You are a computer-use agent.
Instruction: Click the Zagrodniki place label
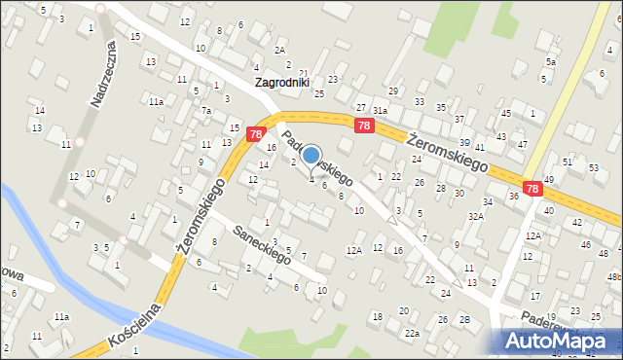tap(281, 83)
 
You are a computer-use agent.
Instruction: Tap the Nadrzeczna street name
tap(99, 78)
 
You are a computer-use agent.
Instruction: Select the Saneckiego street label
tap(263, 244)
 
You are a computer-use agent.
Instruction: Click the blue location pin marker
tap(311, 156)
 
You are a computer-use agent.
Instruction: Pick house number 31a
tap(381, 111)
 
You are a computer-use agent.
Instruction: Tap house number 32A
tap(475, 216)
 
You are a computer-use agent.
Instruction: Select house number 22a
tap(413, 334)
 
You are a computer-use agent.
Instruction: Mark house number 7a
tap(206, 111)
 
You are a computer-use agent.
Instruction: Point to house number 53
tap(594, 167)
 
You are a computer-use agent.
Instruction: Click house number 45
tap(505, 114)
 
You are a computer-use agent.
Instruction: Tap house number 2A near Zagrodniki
tap(280, 50)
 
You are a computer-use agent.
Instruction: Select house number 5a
tap(551, 62)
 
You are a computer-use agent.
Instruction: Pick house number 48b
tap(614, 277)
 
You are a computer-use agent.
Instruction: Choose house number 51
tap(568, 162)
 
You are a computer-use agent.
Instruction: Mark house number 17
tap(534, 296)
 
